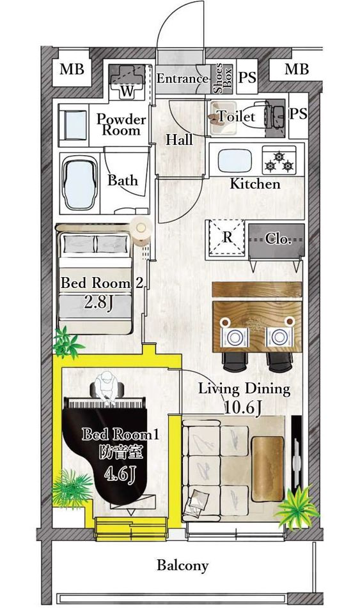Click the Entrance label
(x=182, y=79)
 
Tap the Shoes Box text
(x=223, y=78)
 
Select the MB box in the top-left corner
(x=72, y=70)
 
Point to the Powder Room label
(x=121, y=125)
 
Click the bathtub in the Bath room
(x=79, y=184)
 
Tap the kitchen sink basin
(x=234, y=160)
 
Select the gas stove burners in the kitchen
(x=279, y=160)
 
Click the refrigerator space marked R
(x=227, y=237)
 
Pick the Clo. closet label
(x=278, y=239)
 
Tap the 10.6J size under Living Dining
(x=242, y=408)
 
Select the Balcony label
(x=182, y=565)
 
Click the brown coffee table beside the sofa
(x=268, y=469)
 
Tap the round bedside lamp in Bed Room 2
(x=141, y=227)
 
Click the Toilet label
(x=237, y=116)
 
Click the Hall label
(x=179, y=140)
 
